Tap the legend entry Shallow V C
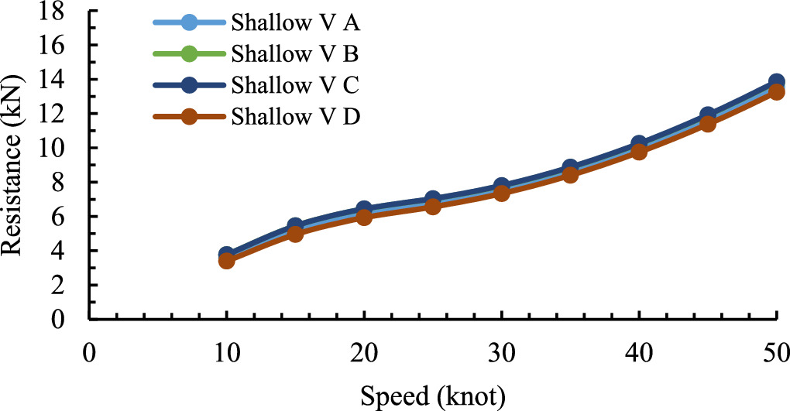pyautogui.click(x=295, y=85)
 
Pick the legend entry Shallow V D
pyautogui.click(x=295, y=117)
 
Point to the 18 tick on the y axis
pyautogui.click(x=64, y=12)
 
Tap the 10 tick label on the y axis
pyautogui.click(x=64, y=148)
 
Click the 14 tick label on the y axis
pyautogui.click(x=64, y=80)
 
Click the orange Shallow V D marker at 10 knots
pyautogui.click(x=227, y=261)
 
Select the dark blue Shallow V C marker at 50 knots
pyautogui.click(x=776, y=82)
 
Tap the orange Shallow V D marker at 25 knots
pyautogui.click(x=433, y=207)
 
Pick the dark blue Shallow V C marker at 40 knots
pyautogui.click(x=639, y=144)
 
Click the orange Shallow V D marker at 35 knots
pyautogui.click(x=570, y=175)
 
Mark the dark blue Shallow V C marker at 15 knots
pyautogui.click(x=295, y=226)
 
